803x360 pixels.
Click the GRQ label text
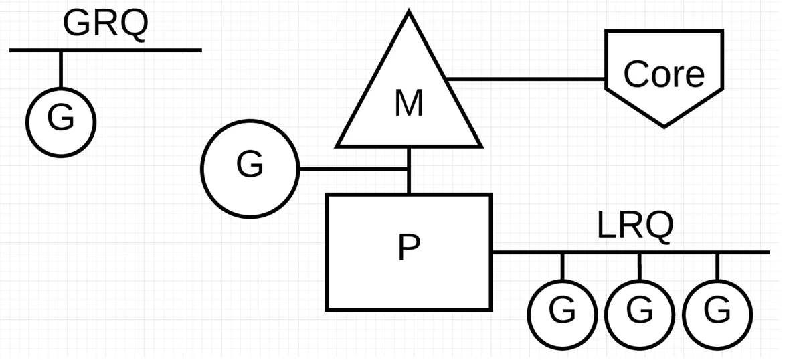pyautogui.click(x=106, y=24)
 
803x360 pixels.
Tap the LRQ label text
pyautogui.click(x=635, y=226)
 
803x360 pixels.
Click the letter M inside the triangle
pyautogui.click(x=409, y=103)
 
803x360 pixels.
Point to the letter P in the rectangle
pyautogui.click(x=409, y=247)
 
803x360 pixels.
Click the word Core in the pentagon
pyautogui.click(x=664, y=74)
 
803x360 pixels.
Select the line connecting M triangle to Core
pyautogui.click(x=525, y=79)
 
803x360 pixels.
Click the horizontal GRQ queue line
pyautogui.click(x=106, y=50)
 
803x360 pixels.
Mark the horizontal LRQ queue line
pyautogui.click(x=631, y=252)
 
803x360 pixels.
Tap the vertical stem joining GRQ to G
pyautogui.click(x=61, y=70)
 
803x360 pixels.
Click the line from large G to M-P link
pyautogui.click(x=353, y=169)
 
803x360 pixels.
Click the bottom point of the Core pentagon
pyautogui.click(x=664, y=127)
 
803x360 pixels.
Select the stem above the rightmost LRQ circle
pyautogui.click(x=717, y=267)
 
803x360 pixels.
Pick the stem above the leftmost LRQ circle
pyautogui.click(x=563, y=267)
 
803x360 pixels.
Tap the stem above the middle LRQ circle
pyautogui.click(x=640, y=267)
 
